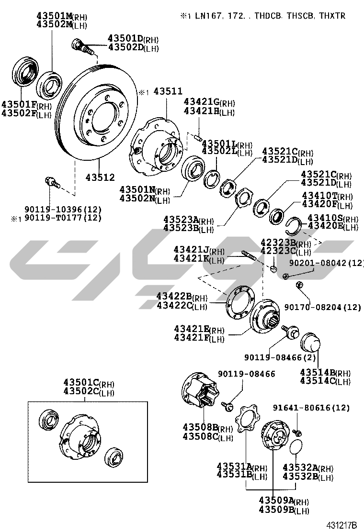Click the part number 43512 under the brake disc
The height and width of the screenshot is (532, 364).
[x=100, y=177]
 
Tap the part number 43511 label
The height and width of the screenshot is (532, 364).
[x=168, y=91]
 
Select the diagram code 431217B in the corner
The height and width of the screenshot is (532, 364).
[x=342, y=525]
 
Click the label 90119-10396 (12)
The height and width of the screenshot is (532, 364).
[x=63, y=210]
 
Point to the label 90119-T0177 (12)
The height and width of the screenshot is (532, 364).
[x=63, y=218]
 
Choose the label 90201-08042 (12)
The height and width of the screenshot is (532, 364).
[x=326, y=263]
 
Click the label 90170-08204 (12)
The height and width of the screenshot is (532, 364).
[x=323, y=307]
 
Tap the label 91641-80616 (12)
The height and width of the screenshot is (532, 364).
[x=311, y=408]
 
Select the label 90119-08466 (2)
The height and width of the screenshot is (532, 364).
[x=280, y=357]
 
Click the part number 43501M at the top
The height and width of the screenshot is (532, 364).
[x=55, y=16]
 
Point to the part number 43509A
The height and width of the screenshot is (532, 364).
[x=276, y=500]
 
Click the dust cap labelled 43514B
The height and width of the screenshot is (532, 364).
[x=310, y=343]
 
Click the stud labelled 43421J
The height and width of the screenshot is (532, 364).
[x=249, y=255]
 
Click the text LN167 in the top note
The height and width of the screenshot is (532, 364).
[x=209, y=16]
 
